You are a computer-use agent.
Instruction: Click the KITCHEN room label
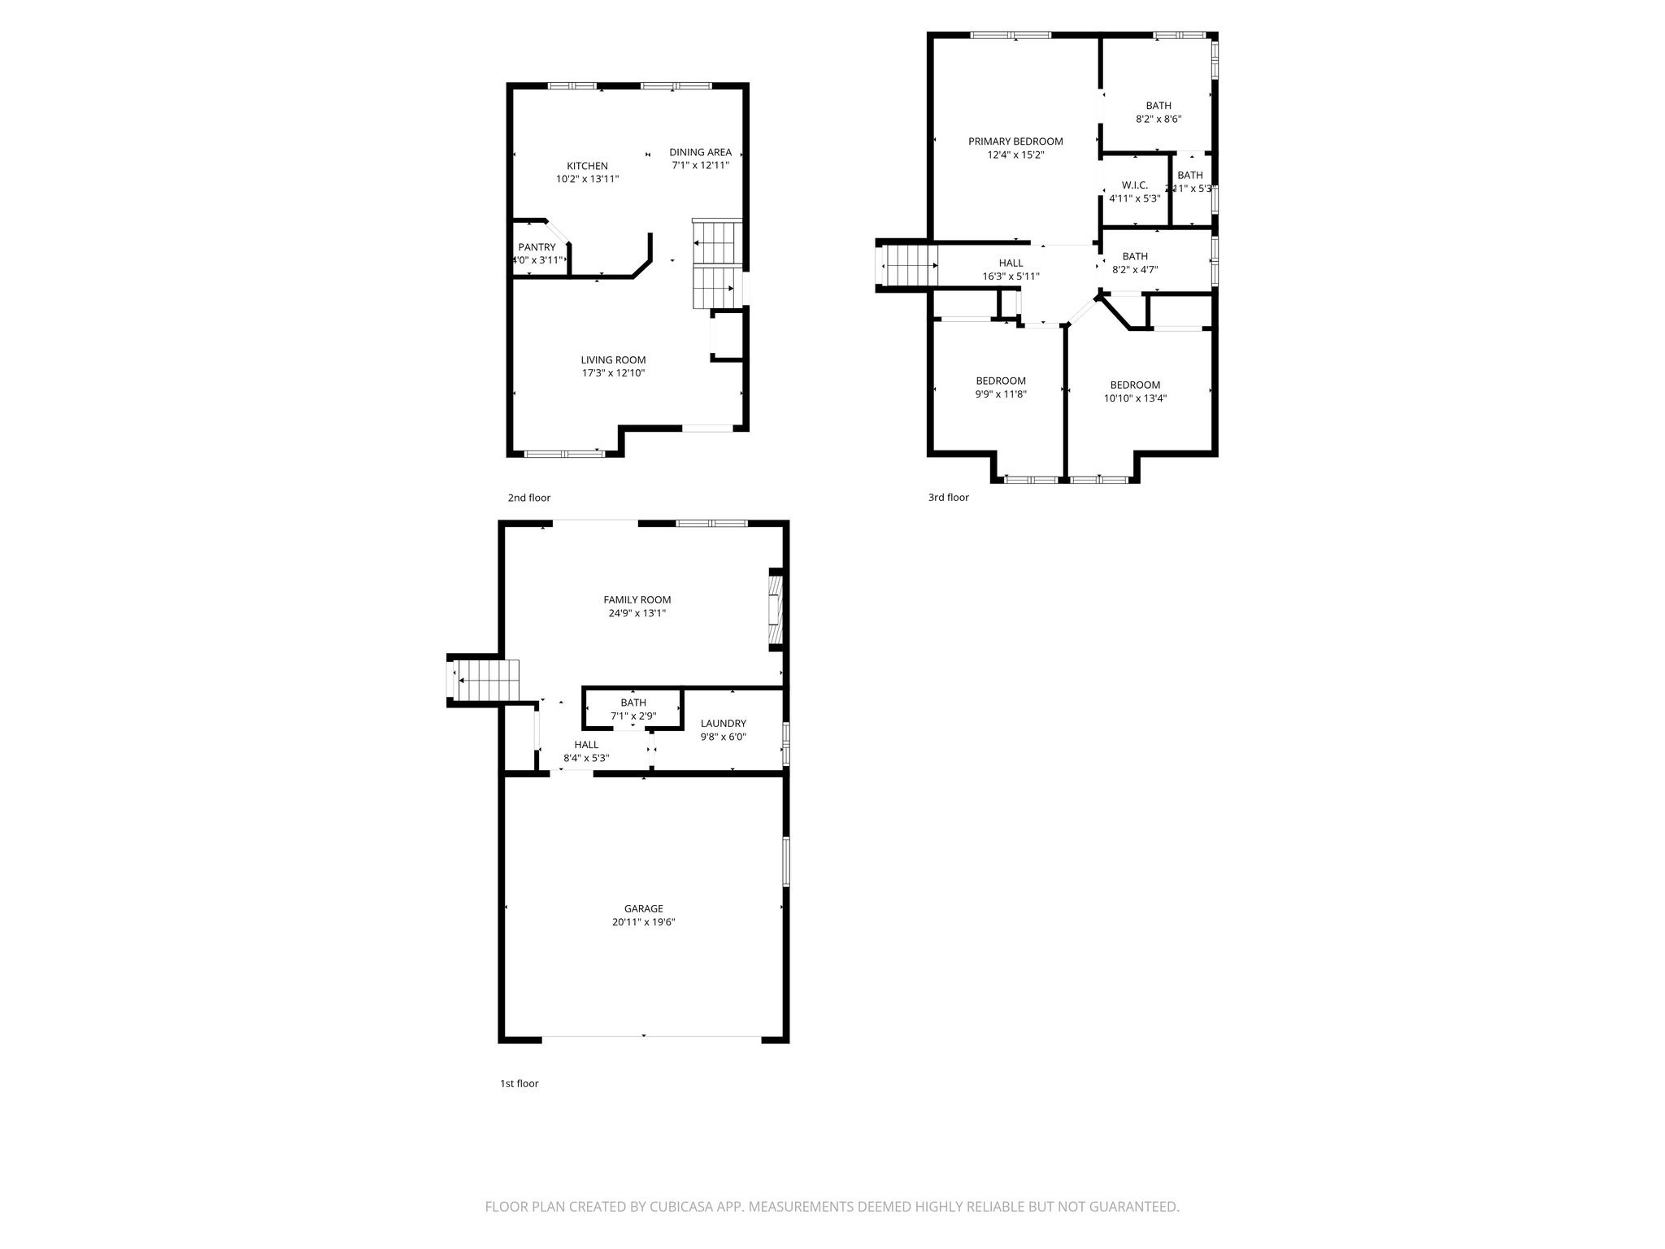(587, 166)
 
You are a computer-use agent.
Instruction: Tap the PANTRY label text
(537, 247)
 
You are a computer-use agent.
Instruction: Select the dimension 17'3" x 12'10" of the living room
(613, 373)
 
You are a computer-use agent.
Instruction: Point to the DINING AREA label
(700, 152)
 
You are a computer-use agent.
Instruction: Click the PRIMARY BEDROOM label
(1015, 141)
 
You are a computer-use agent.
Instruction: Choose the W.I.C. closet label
(1134, 185)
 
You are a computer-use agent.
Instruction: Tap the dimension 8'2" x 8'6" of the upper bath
(1158, 119)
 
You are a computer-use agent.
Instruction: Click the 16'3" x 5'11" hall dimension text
(1011, 276)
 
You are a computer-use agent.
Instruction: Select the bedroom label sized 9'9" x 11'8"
(1000, 381)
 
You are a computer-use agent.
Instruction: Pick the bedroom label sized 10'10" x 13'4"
(1135, 385)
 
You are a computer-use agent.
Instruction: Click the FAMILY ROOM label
(637, 600)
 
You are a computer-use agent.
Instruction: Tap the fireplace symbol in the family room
(775, 610)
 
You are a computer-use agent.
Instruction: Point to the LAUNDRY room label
(723, 724)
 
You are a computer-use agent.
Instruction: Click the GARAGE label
(643, 909)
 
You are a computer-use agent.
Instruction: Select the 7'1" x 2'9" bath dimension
(633, 716)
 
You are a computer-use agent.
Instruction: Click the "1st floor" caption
(519, 1083)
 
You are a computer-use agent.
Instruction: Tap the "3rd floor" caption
(948, 498)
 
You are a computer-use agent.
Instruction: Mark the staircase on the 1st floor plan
(486, 680)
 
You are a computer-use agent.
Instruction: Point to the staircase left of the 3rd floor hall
(908, 265)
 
